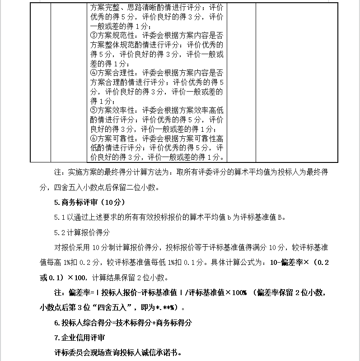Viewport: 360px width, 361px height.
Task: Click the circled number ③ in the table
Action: (x=94, y=36)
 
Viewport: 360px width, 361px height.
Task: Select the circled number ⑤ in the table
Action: (x=94, y=110)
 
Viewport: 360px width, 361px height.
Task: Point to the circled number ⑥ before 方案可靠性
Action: (x=94, y=138)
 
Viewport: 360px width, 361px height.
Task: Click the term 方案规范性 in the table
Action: (x=117, y=36)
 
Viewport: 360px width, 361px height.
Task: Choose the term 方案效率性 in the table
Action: (x=117, y=110)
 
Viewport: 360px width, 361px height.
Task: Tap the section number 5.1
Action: (x=60, y=217)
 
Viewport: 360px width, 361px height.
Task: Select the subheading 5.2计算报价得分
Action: (x=82, y=232)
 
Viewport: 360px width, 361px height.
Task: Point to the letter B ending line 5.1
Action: (x=280, y=217)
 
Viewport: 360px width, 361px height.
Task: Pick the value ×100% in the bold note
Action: (x=236, y=293)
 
